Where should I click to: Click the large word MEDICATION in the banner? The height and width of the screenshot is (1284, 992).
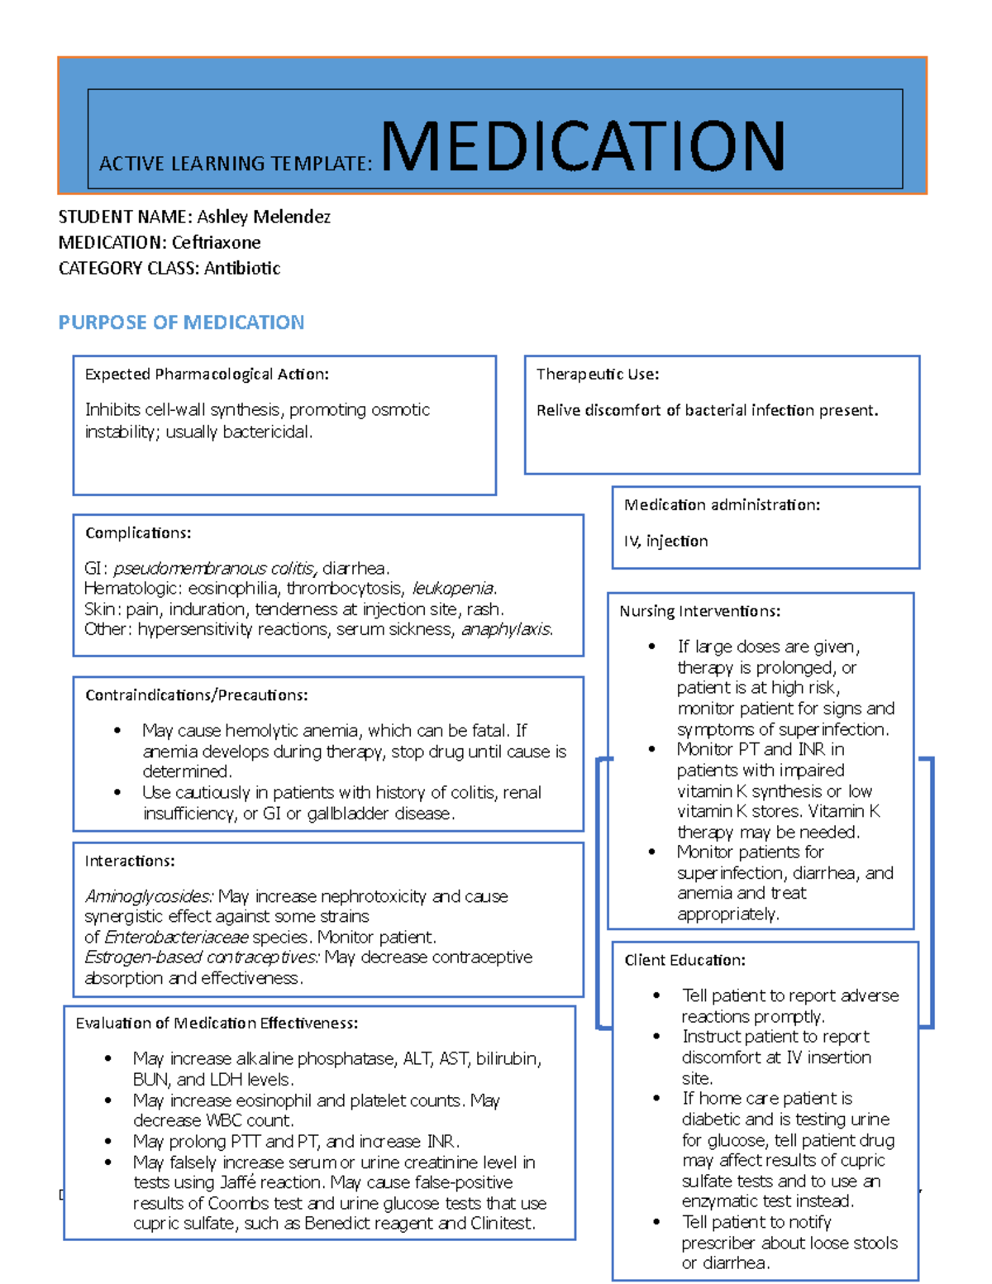[x=583, y=146]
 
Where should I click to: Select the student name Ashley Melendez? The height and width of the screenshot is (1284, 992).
[x=263, y=217]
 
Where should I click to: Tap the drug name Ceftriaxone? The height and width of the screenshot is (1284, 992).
[x=216, y=243]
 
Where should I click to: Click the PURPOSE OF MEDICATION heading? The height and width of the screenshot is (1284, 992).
[x=181, y=322]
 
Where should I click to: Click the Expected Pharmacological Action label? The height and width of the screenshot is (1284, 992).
[x=207, y=375]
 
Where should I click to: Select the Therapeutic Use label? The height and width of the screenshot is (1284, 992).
[x=598, y=375]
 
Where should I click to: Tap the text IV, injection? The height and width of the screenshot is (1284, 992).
[x=665, y=542]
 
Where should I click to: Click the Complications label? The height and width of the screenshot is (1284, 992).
[x=138, y=533]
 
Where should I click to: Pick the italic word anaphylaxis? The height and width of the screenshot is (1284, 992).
[x=506, y=630]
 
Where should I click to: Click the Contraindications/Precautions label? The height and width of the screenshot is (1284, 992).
[x=197, y=695]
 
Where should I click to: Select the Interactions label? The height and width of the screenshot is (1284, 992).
[x=130, y=862]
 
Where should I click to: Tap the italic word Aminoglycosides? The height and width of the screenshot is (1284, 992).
[x=149, y=897]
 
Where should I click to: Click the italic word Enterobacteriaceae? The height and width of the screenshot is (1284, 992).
[x=176, y=938]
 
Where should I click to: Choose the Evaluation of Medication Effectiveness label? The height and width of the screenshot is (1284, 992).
[x=217, y=1024]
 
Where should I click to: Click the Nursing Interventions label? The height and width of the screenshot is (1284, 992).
[x=700, y=612]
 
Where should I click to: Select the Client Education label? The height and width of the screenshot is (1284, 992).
[x=684, y=961]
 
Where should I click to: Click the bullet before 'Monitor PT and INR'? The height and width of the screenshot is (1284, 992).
[x=652, y=750]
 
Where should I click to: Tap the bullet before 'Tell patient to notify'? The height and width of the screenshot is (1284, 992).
[x=656, y=1223]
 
